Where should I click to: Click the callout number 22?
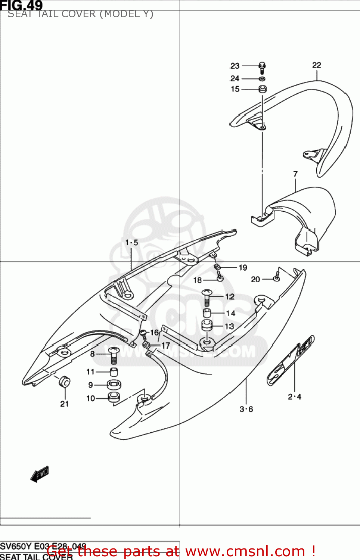pos(317,65)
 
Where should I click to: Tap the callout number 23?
pos(235,66)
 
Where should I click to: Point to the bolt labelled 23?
pos(262,68)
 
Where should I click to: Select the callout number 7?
pos(295,174)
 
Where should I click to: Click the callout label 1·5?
pos(131,243)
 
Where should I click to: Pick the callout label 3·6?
pos(246,409)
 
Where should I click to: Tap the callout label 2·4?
pos(294,397)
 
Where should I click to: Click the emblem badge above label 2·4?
pos(291,360)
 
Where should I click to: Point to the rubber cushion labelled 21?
pos(65,382)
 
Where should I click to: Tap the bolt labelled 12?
pos(207,298)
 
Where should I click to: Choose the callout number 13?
pos(229,326)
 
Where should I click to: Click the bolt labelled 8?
pos(114,355)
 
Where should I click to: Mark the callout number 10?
pos(90,398)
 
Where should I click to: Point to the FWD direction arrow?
pos(40,475)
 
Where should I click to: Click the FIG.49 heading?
pos(21,5)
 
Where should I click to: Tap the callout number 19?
pos(243,268)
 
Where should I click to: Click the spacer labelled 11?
pos(114,372)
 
